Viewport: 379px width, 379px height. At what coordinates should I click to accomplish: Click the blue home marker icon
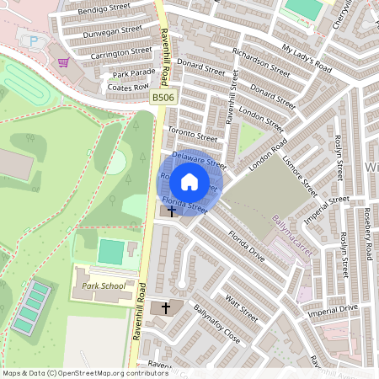tap(189, 182)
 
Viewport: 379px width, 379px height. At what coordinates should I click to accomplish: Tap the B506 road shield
tap(163, 99)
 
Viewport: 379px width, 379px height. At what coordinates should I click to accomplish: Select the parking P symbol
tap(34, 41)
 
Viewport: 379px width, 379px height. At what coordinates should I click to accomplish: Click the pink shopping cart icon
tap(63, 61)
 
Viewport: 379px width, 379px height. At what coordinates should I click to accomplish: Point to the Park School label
tap(104, 286)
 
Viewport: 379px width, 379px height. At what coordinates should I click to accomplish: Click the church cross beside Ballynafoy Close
tap(165, 308)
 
